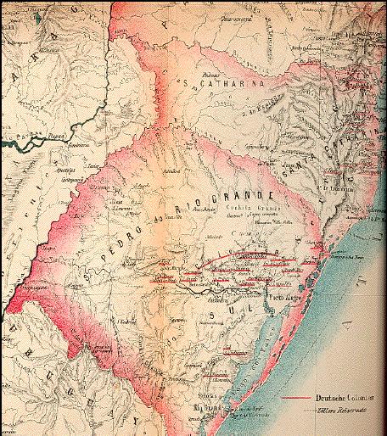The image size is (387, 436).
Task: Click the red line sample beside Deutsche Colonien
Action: pos(294,398)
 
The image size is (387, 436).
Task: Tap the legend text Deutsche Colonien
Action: pos(340,398)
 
